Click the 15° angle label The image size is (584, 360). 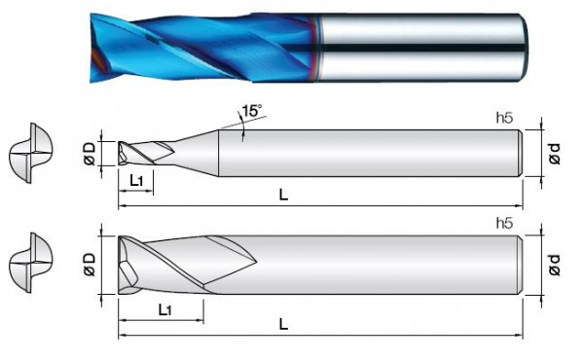point(252,111)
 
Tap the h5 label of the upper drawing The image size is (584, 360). point(504,118)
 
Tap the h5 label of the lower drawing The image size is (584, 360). point(504,223)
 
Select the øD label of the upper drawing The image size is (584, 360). point(91,153)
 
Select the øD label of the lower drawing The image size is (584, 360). point(91,265)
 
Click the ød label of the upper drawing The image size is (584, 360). point(555,153)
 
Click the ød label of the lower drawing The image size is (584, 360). point(555,265)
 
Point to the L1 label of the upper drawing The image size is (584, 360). point(136,181)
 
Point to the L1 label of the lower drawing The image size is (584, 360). point(164,309)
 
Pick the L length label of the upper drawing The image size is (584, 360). point(283,195)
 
